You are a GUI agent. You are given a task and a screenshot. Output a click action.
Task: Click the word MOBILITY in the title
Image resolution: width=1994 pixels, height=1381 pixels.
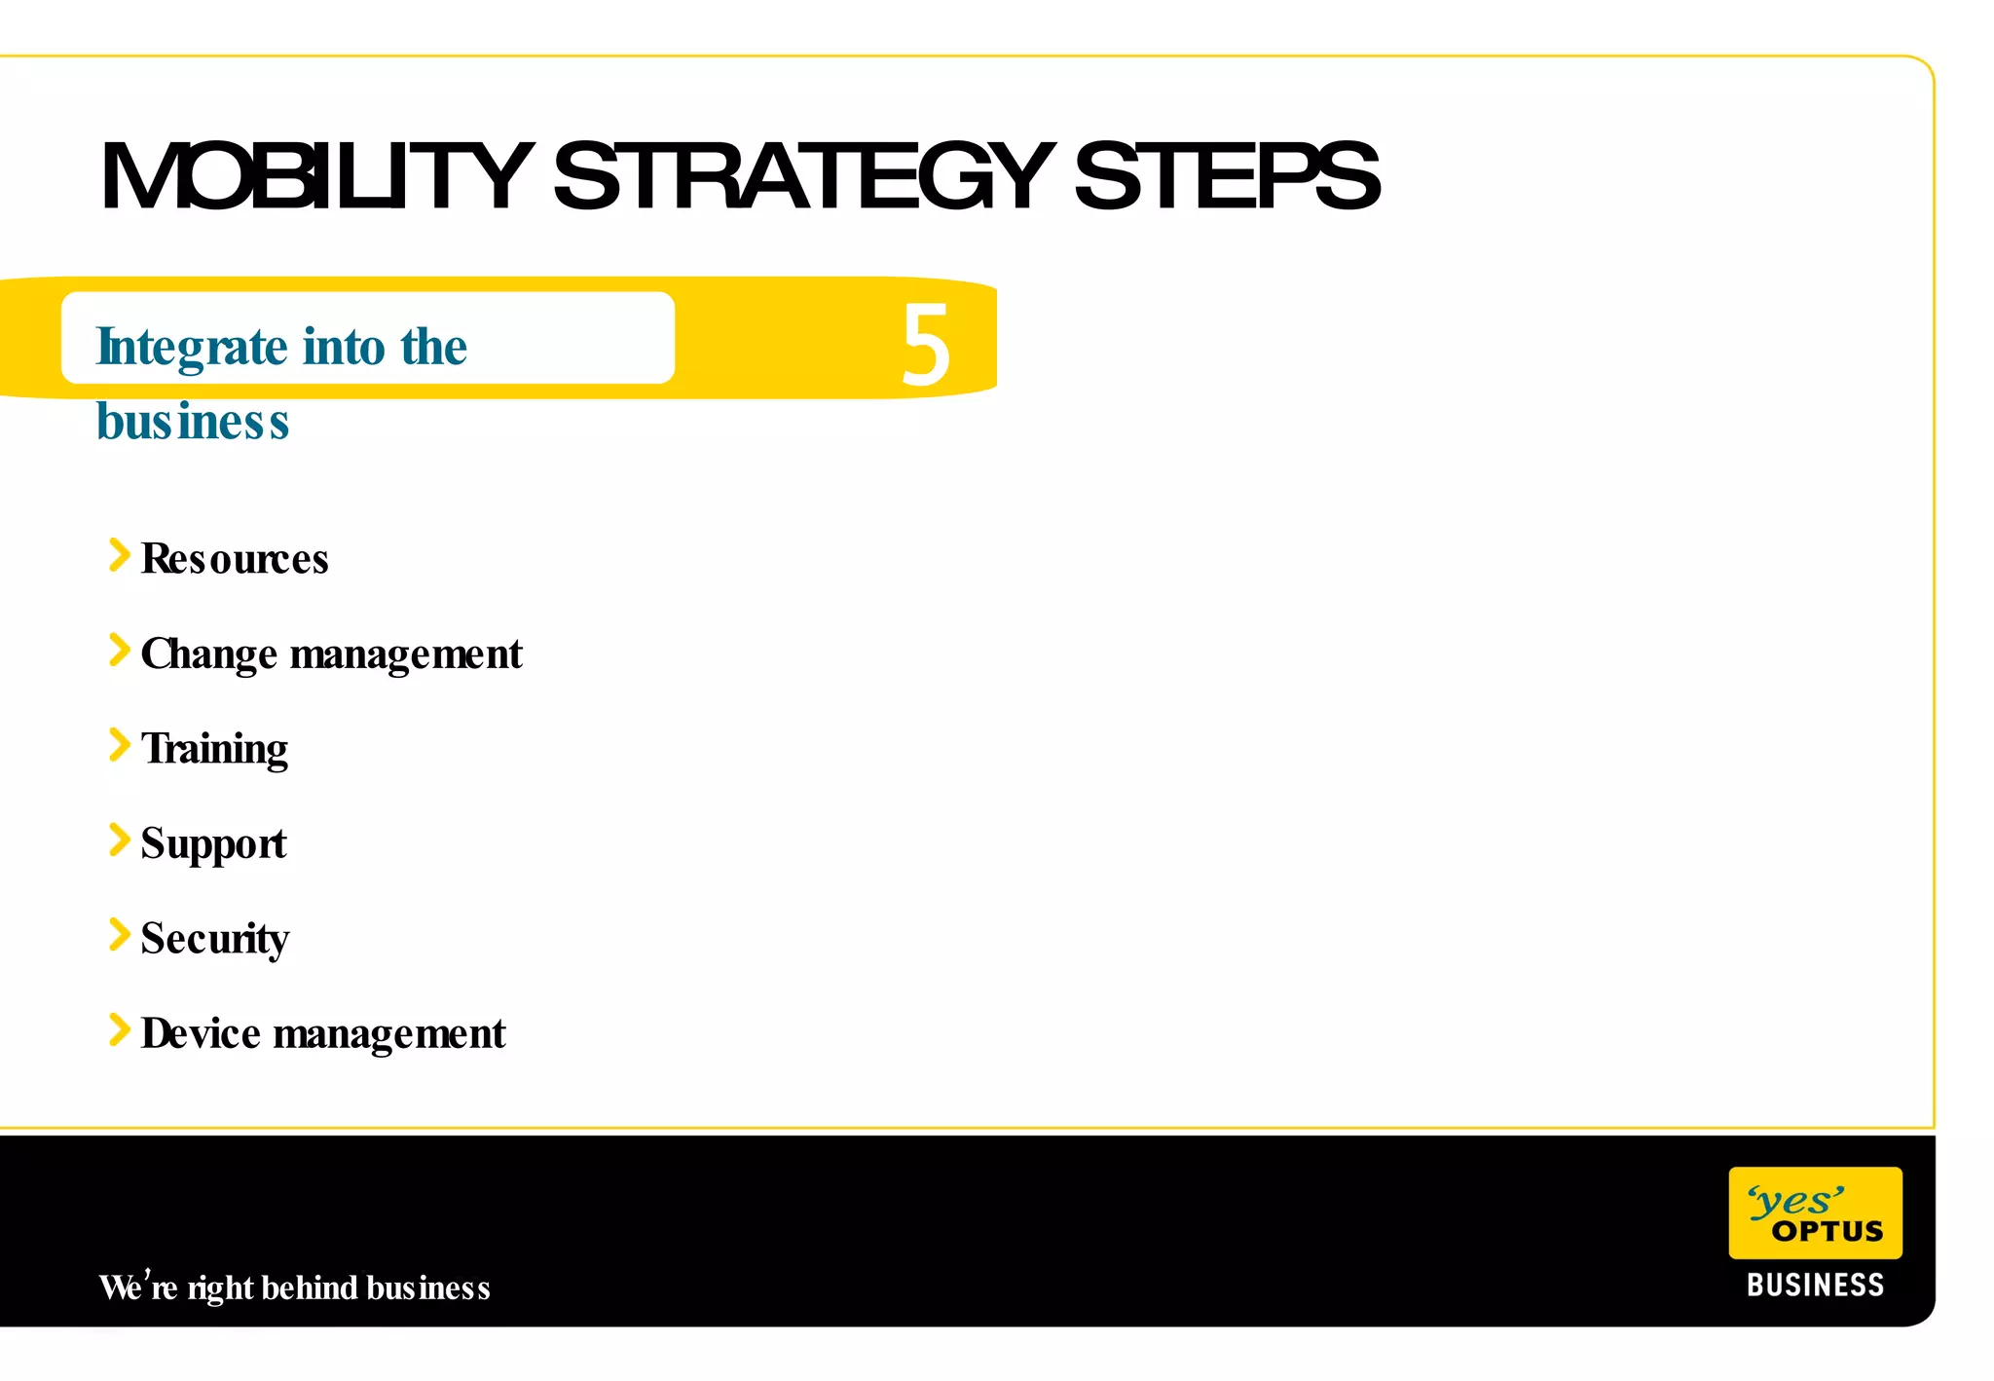[x=316, y=176]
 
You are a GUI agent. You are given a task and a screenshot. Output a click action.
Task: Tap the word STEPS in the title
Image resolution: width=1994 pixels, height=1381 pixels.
[x=1226, y=176]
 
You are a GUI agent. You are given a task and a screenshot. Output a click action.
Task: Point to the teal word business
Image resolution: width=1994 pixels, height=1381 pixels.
[x=193, y=422]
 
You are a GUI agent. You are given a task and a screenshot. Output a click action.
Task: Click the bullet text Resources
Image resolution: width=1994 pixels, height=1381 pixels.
[x=235, y=559]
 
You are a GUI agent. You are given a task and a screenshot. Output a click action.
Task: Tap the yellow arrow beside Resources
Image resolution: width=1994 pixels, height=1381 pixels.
[x=119, y=555]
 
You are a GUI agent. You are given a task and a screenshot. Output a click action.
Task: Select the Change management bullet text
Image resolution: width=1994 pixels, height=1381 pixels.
[x=331, y=653]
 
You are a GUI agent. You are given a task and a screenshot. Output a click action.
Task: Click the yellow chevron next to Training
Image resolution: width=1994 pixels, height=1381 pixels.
[x=119, y=745]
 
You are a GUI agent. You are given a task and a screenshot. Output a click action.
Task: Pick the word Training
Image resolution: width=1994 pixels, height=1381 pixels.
[x=214, y=749]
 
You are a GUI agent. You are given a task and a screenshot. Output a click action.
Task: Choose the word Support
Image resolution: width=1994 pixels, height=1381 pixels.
[x=213, y=843]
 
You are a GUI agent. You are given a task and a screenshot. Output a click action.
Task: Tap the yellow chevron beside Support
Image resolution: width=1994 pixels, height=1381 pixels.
[x=119, y=840]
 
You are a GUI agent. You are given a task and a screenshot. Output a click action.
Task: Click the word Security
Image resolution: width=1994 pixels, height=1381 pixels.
[x=214, y=939]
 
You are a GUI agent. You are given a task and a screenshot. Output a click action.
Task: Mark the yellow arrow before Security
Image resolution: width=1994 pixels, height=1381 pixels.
[x=119, y=934]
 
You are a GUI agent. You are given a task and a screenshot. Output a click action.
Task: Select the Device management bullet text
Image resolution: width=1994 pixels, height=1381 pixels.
[x=323, y=1033]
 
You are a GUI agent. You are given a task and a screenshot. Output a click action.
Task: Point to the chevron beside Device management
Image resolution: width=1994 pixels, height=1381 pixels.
[x=119, y=1029]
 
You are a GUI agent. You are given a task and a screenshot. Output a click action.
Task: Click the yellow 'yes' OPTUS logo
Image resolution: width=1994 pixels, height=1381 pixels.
[x=1815, y=1213]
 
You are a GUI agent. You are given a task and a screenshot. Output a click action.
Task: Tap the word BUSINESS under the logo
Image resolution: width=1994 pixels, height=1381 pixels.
[x=1815, y=1286]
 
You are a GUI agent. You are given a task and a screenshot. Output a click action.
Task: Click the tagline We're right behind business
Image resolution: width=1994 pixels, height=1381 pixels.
[x=294, y=1288]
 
